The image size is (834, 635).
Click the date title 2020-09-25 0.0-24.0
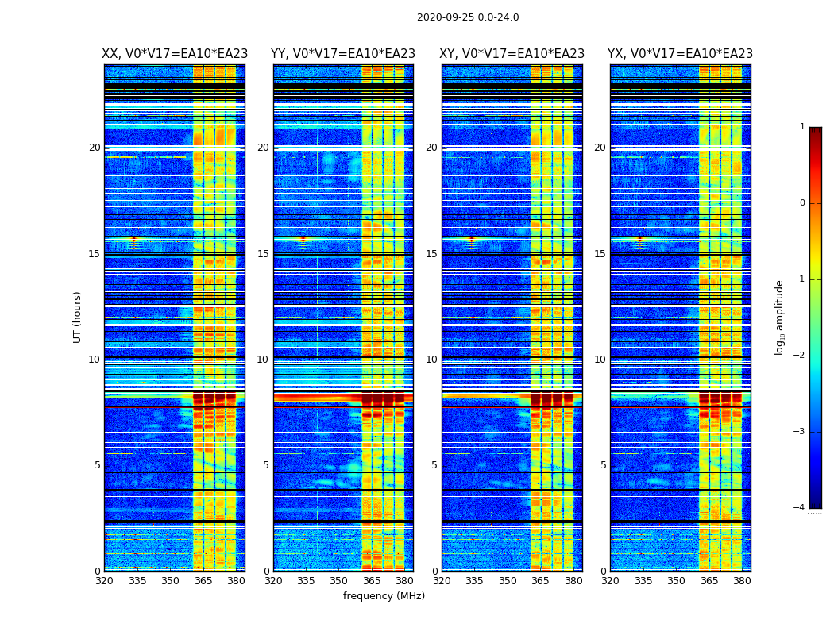[x=468, y=17]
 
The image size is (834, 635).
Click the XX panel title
[x=175, y=54]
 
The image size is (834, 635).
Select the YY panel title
[x=343, y=54]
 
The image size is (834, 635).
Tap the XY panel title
[x=512, y=54]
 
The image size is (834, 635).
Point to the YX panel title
[x=681, y=54]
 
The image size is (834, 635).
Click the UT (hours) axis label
[x=78, y=317]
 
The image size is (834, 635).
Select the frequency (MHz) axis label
[x=384, y=596]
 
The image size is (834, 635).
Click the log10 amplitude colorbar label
[x=780, y=317]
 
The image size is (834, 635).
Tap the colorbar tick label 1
[x=802, y=127]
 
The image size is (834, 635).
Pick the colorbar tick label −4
[x=801, y=508]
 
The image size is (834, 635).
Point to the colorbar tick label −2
[x=801, y=356]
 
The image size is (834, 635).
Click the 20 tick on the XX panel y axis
[x=95, y=148]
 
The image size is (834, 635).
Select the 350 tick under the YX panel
[x=676, y=581]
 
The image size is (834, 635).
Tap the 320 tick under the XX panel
[x=104, y=581]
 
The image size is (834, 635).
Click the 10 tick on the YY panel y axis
[x=262, y=360]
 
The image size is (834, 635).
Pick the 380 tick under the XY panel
[x=573, y=581]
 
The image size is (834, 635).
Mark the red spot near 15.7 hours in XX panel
[x=133, y=239]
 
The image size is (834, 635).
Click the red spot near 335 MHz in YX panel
[x=639, y=239]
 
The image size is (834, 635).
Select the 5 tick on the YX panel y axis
[x=603, y=465]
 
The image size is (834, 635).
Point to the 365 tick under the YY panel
[x=372, y=581]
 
